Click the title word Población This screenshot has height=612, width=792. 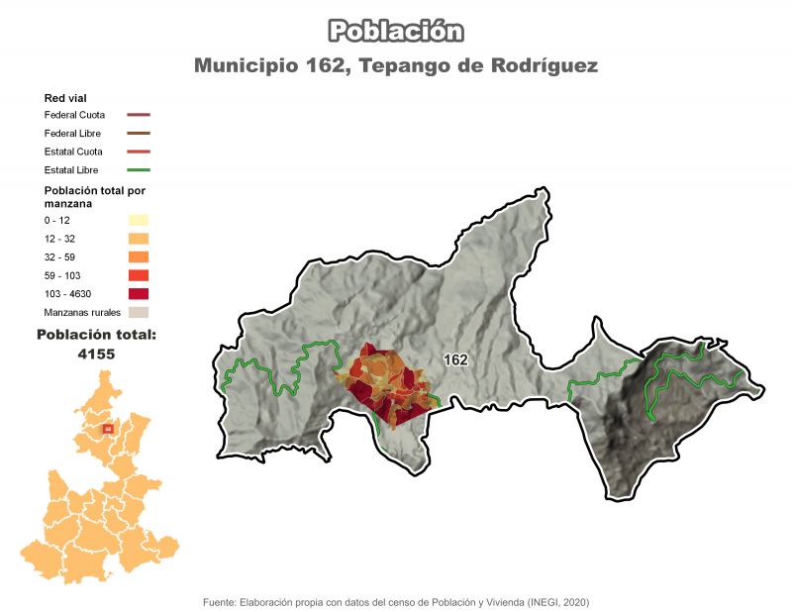point(396,31)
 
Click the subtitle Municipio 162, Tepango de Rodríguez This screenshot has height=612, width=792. point(396,66)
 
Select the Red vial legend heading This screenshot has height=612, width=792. point(67,98)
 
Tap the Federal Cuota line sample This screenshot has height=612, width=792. point(138,115)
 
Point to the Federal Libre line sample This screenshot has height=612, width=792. point(138,133)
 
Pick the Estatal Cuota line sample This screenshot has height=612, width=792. point(138,152)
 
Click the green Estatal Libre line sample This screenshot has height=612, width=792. point(138,170)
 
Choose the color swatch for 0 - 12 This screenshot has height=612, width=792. point(138,220)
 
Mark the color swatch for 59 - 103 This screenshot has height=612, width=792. point(138,275)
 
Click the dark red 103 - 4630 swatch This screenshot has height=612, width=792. point(138,293)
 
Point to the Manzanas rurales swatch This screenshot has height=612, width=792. point(138,312)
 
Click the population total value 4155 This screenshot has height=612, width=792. point(96,354)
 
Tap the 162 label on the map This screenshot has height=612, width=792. point(455,360)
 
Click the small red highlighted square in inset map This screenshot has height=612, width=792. point(108,429)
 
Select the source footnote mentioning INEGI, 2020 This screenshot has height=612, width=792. point(396,601)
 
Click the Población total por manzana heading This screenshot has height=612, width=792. point(94,196)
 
